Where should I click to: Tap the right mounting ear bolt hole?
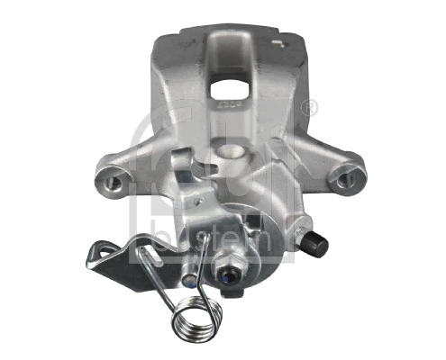pos(344,177)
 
